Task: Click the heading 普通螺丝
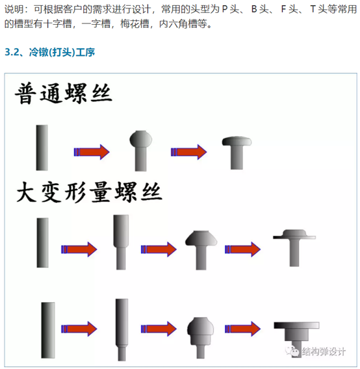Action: [x=64, y=93]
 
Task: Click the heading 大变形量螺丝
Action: [x=89, y=192]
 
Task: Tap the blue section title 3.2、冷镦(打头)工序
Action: [x=49, y=52]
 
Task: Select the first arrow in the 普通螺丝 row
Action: [x=92, y=152]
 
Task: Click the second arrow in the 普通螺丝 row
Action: [x=189, y=152]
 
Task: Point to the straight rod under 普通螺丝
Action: [x=42, y=147]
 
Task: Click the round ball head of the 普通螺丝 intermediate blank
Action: [x=141, y=138]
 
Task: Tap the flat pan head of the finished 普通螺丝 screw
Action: [x=237, y=141]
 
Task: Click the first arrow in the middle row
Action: [x=79, y=249]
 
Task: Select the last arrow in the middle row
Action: [x=243, y=249]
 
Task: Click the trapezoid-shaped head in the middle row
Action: [x=201, y=238]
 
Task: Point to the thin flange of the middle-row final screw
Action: [x=294, y=238]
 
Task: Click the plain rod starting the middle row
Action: [x=43, y=242]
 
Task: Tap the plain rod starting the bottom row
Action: [x=48, y=330]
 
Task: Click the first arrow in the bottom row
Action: [x=79, y=329]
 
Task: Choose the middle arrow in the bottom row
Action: [x=159, y=329]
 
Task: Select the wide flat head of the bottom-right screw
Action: [x=297, y=325]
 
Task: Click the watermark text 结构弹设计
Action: [x=324, y=351]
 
